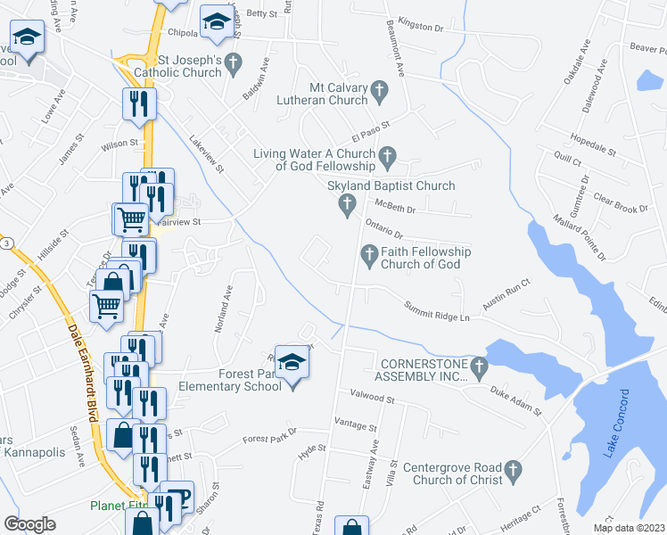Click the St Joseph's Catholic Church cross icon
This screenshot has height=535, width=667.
[235, 63]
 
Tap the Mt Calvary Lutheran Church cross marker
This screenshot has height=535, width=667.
[379, 91]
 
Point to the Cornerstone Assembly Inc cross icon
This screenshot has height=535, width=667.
[480, 366]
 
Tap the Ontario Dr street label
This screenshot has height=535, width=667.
[384, 229]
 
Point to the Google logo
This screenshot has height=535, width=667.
[30, 523]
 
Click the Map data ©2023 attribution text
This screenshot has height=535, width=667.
[628, 528]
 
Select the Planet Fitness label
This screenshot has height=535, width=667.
[116, 506]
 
